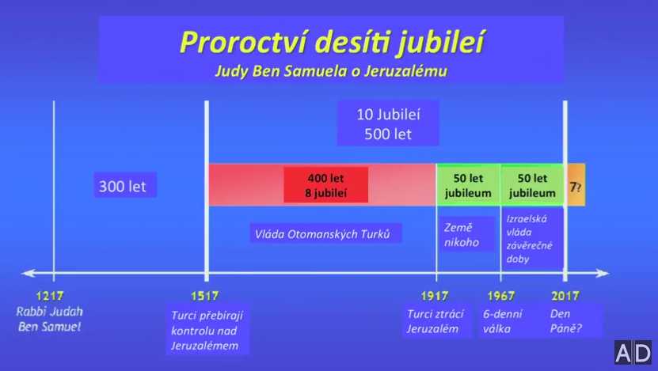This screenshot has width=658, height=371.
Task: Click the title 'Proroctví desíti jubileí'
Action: coord(332,43)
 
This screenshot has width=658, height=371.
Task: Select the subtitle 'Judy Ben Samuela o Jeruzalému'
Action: coord(331,70)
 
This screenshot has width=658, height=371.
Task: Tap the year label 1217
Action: coord(50,296)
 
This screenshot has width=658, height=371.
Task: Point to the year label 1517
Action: coord(205,296)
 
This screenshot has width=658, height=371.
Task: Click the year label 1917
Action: coord(435,296)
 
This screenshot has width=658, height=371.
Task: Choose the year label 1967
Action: coord(500,296)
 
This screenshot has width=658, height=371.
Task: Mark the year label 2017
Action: coord(565,296)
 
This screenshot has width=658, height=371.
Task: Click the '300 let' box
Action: coord(125,185)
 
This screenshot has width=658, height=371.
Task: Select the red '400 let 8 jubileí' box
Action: coord(326,185)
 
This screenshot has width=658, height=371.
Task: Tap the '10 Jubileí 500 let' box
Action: coord(388,123)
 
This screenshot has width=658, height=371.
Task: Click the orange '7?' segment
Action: coord(576,185)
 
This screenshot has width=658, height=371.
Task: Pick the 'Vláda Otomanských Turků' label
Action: coord(325,233)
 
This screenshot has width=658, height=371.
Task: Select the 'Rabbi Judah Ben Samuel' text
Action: coord(50,319)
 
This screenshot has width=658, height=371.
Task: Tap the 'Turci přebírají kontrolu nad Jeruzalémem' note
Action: coord(207,330)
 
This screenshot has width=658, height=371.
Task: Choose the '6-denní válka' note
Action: coord(503,321)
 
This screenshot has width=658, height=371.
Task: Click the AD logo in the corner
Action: coord(633,353)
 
